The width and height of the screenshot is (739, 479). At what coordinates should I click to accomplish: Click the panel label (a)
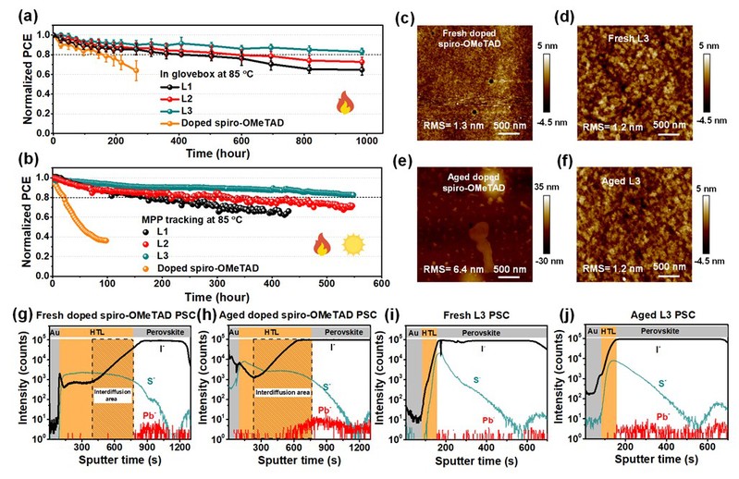click(x=17, y=10)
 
